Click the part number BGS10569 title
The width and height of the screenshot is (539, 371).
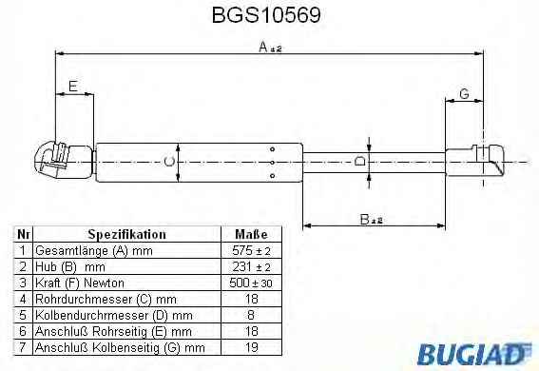(x=266, y=15)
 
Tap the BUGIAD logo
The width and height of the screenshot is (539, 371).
(x=474, y=354)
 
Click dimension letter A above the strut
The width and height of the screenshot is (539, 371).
(x=263, y=47)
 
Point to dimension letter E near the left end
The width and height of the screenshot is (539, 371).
(x=73, y=86)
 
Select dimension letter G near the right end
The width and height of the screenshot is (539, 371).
(x=464, y=93)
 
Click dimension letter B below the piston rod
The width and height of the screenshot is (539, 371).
(x=365, y=219)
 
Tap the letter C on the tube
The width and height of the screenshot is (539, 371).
(x=169, y=162)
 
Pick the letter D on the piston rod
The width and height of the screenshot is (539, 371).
(x=360, y=161)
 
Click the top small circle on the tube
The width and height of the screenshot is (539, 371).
(x=272, y=149)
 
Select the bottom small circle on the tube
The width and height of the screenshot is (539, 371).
(x=272, y=176)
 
